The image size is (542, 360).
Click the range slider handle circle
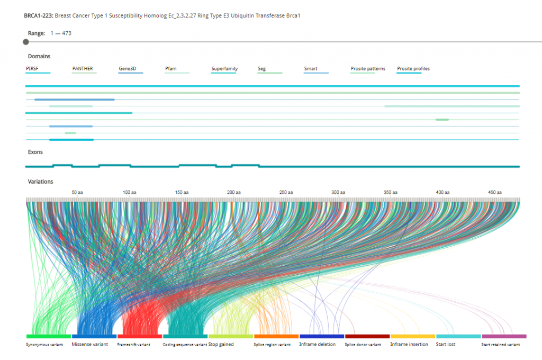click(26, 42)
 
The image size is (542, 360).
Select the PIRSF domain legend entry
click(32, 69)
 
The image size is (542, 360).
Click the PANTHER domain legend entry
click(83, 69)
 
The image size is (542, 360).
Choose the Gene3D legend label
click(128, 69)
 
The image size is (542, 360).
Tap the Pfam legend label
click(171, 69)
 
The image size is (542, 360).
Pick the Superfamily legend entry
click(224, 69)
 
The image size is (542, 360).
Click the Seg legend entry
click(261, 69)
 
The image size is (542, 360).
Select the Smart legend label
click(311, 69)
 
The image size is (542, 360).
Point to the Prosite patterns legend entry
click(368, 69)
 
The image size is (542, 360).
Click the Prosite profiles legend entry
click(413, 69)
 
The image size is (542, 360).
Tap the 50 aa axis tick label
click(77, 192)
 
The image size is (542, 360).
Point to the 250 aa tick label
click(286, 192)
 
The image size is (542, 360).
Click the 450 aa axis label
click(495, 192)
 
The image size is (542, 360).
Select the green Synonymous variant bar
click(49, 336)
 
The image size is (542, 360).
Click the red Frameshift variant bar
click(140, 336)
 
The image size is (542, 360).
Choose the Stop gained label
click(221, 345)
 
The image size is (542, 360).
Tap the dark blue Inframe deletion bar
click(322, 336)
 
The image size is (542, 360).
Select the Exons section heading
click(35, 152)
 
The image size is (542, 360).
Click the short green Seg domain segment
click(442, 120)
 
